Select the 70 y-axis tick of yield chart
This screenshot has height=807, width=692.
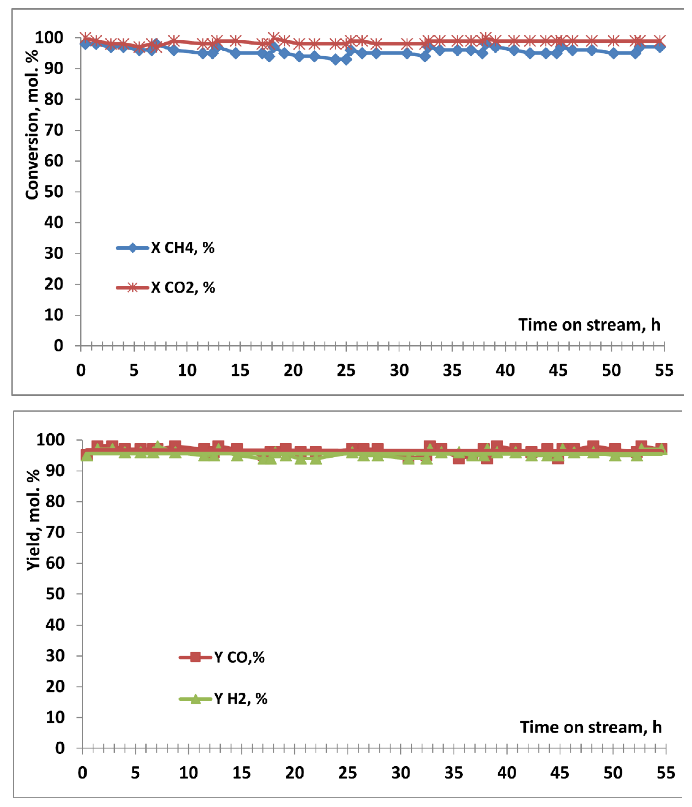pos(55,532)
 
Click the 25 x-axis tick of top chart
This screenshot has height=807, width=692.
pos(346,370)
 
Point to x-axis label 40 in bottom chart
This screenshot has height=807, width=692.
pos(506,772)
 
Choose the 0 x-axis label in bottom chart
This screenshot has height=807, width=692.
pos(82,772)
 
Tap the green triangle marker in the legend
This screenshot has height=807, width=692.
pos(195,699)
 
